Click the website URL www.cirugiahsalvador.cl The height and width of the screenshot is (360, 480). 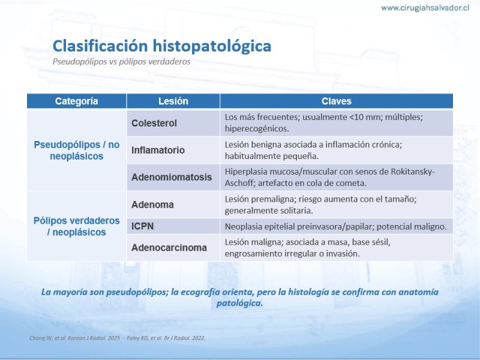click(425, 8)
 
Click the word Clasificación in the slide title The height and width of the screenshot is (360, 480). click(100, 46)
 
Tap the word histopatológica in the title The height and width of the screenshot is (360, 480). click(212, 46)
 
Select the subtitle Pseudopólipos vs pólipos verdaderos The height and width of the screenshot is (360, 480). click(121, 62)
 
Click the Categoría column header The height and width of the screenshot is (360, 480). click(77, 101)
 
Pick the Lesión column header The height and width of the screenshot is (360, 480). click(173, 101)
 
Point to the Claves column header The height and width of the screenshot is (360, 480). click(337, 101)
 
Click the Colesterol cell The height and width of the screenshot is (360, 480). click(173, 123)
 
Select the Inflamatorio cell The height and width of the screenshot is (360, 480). click(173, 150)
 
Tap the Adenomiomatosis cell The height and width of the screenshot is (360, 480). click(173, 177)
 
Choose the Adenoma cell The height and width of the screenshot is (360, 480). click(173, 205)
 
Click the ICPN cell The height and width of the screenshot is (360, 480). click(173, 226)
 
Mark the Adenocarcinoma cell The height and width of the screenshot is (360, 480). click(173, 248)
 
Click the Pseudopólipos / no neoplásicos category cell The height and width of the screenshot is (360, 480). click(77, 151)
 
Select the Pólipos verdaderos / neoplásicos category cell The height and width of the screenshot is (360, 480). click(77, 226)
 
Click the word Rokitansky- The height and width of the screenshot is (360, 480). click(413, 172)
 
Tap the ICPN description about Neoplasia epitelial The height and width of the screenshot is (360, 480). click(336, 227)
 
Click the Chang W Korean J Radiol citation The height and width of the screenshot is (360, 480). click(74, 338)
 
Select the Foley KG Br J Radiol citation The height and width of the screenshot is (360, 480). click(166, 338)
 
